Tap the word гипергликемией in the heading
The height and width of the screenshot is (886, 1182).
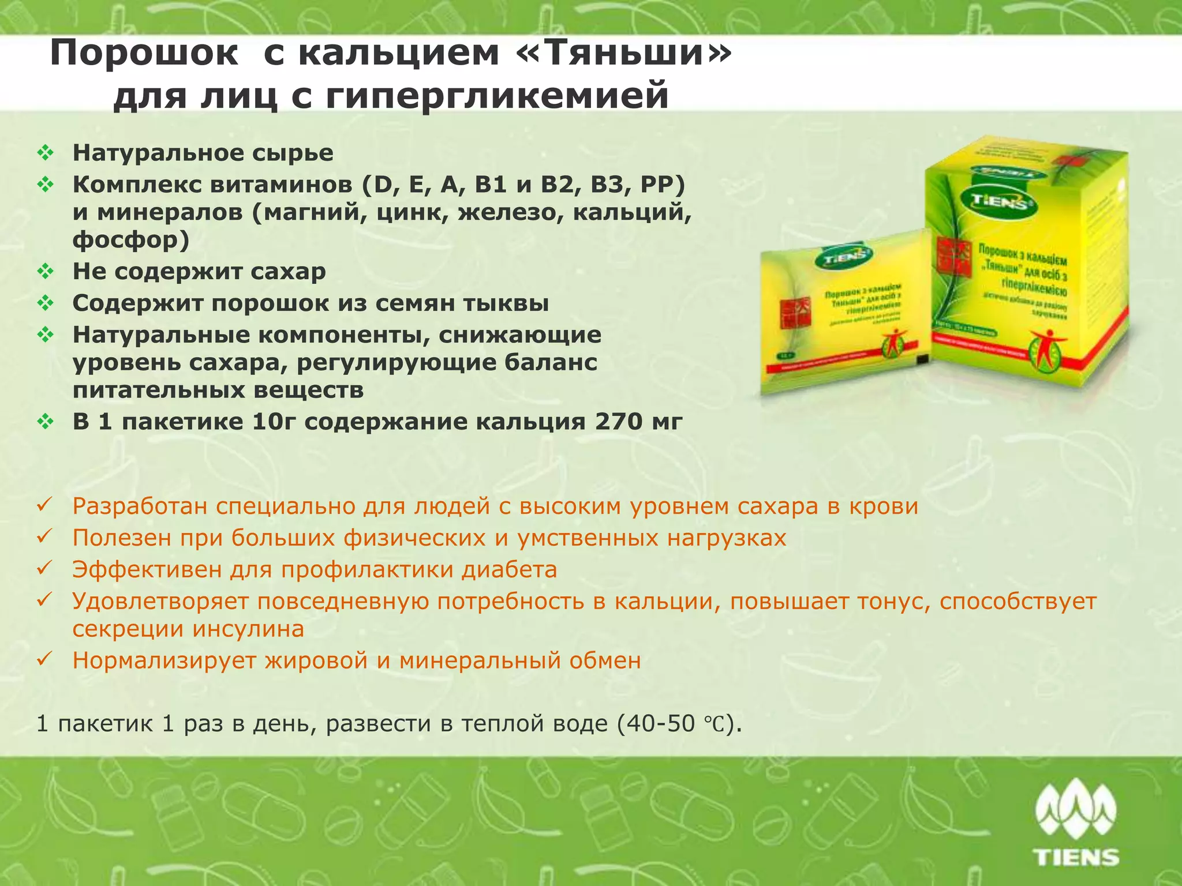[496, 96]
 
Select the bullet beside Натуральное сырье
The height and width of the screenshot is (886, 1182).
[45, 153]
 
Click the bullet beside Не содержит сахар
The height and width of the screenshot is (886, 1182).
[45, 271]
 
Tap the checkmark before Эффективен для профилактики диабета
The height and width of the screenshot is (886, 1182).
[45, 569]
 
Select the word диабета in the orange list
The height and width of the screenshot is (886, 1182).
[509, 570]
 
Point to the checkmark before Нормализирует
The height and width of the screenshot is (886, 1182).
[45, 658]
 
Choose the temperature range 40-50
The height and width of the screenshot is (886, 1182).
[656, 723]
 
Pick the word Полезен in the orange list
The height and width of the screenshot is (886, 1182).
[122, 538]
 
